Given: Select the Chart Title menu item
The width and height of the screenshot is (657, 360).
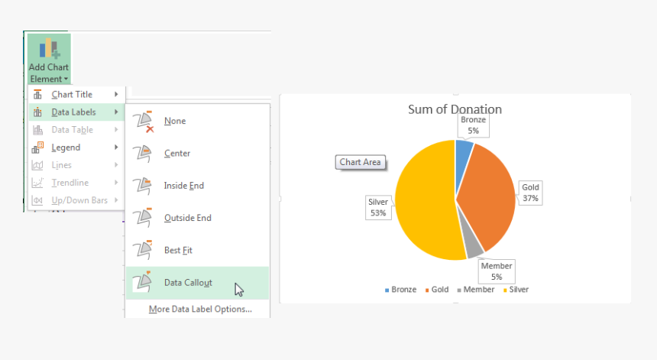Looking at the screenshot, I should [73, 94].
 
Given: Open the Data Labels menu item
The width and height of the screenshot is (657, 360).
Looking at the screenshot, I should [73, 112].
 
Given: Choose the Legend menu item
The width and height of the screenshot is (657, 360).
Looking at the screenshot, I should [66, 148].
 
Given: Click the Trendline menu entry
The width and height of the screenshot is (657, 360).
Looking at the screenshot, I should [70, 183].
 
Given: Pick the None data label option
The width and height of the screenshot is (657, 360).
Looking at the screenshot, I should [174, 121].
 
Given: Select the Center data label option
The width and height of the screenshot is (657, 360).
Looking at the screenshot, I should [177, 153].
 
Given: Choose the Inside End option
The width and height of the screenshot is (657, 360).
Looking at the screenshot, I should [183, 186].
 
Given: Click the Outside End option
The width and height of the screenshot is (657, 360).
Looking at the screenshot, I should [187, 218].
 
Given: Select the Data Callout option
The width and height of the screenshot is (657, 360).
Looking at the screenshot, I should [188, 283].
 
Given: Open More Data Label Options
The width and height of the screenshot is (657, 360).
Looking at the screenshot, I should [200, 309].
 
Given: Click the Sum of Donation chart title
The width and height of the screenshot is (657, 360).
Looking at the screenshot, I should [455, 109].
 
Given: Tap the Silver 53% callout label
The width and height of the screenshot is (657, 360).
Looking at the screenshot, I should [379, 208].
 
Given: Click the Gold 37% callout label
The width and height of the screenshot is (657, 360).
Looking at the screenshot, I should [530, 193].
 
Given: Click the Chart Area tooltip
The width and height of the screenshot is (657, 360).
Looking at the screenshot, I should [361, 162].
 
